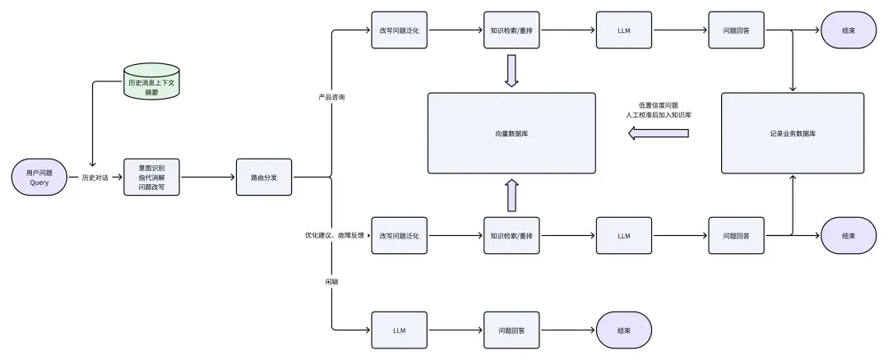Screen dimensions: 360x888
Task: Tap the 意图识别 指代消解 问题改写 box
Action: pos(151,177)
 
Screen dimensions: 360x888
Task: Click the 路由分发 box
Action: pos(264,177)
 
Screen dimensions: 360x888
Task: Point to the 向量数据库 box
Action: pos(511,132)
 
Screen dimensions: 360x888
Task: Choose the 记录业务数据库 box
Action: pos(793,132)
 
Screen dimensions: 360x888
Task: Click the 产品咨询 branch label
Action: pos(331,97)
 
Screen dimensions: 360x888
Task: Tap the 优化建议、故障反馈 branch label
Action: pos(334,235)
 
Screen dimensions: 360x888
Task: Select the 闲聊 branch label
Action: pos(331,282)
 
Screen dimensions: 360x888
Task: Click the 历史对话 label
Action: pos(95,177)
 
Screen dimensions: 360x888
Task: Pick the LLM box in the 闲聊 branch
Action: pos(399,330)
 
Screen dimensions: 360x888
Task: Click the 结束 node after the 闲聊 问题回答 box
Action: pos(624,330)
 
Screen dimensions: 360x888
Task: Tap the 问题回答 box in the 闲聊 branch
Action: pos(511,330)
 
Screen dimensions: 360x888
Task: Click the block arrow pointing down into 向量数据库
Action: pos(511,71)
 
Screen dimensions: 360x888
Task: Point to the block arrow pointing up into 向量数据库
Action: pos(511,195)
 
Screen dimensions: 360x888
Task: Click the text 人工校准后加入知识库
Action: pos(659,115)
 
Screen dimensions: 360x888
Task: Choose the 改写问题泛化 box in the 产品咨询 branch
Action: pos(399,30)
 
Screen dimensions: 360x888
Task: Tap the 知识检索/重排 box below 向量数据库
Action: pos(511,236)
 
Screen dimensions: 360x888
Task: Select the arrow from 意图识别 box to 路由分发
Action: pos(207,177)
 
